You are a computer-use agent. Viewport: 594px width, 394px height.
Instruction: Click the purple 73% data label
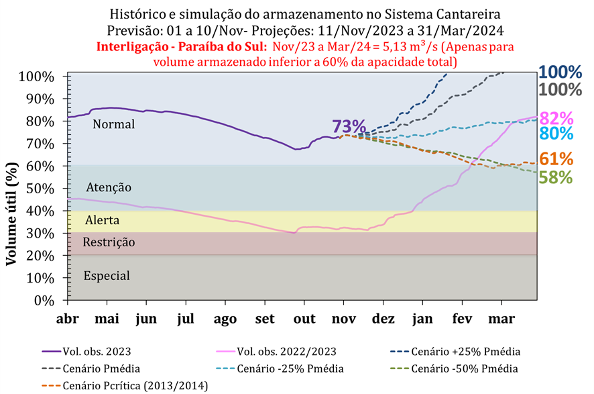tap(349, 126)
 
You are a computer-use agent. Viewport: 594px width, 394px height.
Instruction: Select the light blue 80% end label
tap(556, 133)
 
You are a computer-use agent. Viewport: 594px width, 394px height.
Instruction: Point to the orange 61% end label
tap(556, 159)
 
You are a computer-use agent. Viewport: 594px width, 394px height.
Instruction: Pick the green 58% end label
tap(556, 177)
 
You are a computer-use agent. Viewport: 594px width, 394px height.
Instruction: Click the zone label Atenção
tap(109, 187)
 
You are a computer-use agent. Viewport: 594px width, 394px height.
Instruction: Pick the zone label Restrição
tap(109, 242)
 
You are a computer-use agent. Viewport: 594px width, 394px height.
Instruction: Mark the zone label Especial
tap(107, 275)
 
